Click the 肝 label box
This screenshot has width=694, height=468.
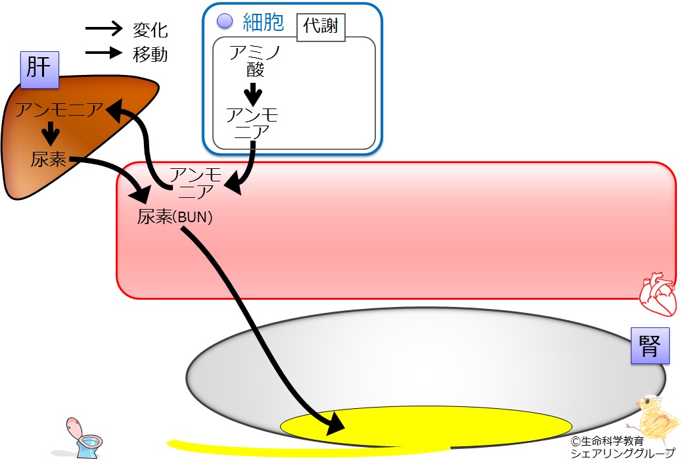[x=40, y=70]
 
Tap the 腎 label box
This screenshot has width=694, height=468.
[x=650, y=346]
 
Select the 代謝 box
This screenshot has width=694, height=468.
[x=321, y=27]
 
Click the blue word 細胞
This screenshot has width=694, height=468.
[x=264, y=22]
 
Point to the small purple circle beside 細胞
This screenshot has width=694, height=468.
[x=225, y=21]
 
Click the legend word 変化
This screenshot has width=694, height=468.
[x=150, y=30]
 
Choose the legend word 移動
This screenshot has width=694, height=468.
[x=150, y=55]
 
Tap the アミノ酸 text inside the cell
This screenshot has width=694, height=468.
[x=255, y=61]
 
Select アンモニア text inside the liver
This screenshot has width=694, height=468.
[x=59, y=109]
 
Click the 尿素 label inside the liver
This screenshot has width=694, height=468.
[x=49, y=159]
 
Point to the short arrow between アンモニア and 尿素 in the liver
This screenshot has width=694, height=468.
[x=51, y=133]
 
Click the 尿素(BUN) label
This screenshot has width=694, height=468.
[x=175, y=217]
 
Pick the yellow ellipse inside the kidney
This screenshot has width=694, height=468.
[x=427, y=427]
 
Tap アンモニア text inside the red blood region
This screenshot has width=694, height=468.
[x=196, y=183]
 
